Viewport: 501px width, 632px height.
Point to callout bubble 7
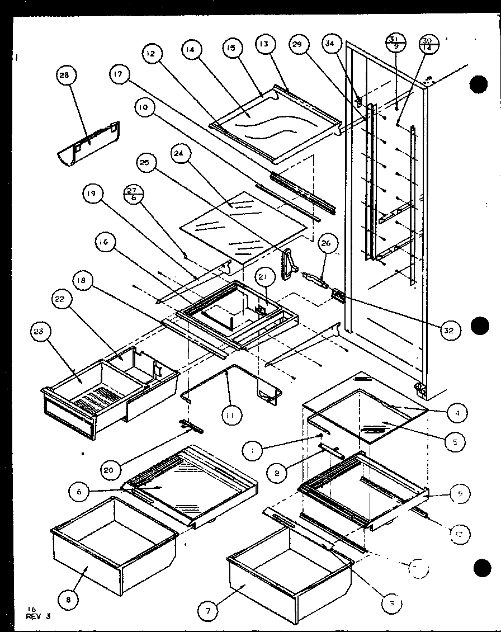click(x=209, y=611)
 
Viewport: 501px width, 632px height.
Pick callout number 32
click(x=449, y=330)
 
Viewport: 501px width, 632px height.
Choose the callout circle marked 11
click(x=230, y=415)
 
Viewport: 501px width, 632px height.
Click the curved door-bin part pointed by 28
click(x=89, y=143)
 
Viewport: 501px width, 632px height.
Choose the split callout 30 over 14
click(x=429, y=44)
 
